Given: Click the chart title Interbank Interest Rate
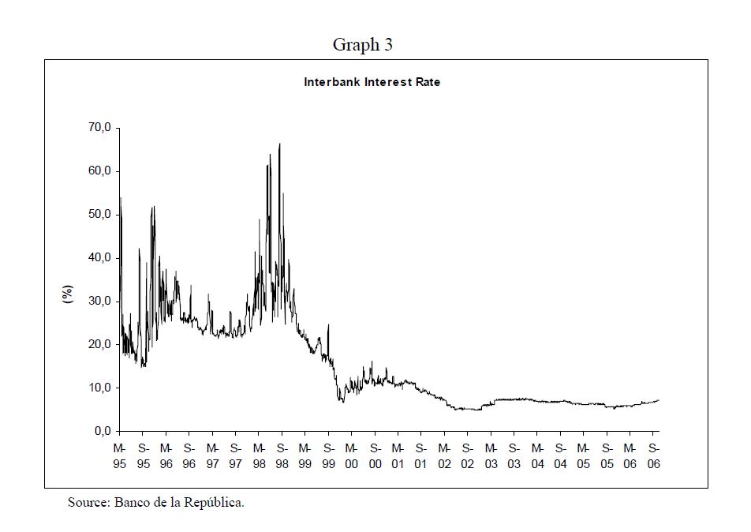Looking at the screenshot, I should (372, 82).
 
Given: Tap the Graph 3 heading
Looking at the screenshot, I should (362, 45).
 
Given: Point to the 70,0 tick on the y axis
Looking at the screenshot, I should (103, 128).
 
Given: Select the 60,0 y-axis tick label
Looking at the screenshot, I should (103, 171).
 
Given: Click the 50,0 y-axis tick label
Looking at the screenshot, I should (103, 215).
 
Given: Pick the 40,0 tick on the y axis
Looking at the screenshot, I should (103, 258).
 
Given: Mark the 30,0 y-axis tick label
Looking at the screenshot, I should (103, 302).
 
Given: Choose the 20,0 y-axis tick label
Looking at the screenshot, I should (103, 345).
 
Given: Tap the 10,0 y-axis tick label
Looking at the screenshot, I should (103, 388).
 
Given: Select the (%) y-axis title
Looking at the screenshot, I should (68, 294).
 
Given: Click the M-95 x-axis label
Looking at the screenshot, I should (120, 456).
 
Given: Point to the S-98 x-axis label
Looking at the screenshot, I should (282, 456).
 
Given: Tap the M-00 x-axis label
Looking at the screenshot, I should (352, 456).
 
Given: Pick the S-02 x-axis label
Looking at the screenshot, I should (467, 456).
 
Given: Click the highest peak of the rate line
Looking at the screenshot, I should (280, 144).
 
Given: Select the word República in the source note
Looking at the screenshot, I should (214, 503).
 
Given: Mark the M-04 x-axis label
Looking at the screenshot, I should (537, 456).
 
